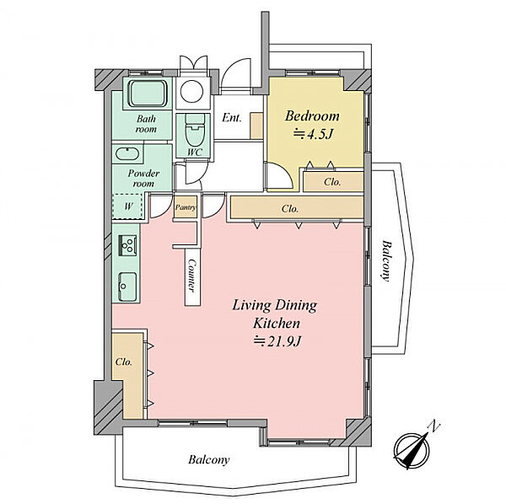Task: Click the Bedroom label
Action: click(x=312, y=116)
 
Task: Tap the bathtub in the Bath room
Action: click(x=148, y=94)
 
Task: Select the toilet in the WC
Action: click(x=195, y=131)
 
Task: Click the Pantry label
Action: click(x=186, y=207)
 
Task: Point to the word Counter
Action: click(x=192, y=276)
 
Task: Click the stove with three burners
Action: click(x=128, y=245)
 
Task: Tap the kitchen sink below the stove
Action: click(x=127, y=287)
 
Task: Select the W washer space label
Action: click(x=128, y=206)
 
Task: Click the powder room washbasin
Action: click(x=126, y=154)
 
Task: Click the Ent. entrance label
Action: click(x=232, y=118)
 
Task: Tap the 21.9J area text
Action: click(x=277, y=341)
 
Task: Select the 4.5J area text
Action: click(x=312, y=134)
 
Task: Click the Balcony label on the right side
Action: click(x=386, y=260)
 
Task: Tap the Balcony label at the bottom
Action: click(x=209, y=459)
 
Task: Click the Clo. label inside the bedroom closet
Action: click(x=332, y=182)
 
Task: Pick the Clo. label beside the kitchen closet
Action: click(x=124, y=362)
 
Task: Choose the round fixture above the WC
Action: click(x=191, y=91)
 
